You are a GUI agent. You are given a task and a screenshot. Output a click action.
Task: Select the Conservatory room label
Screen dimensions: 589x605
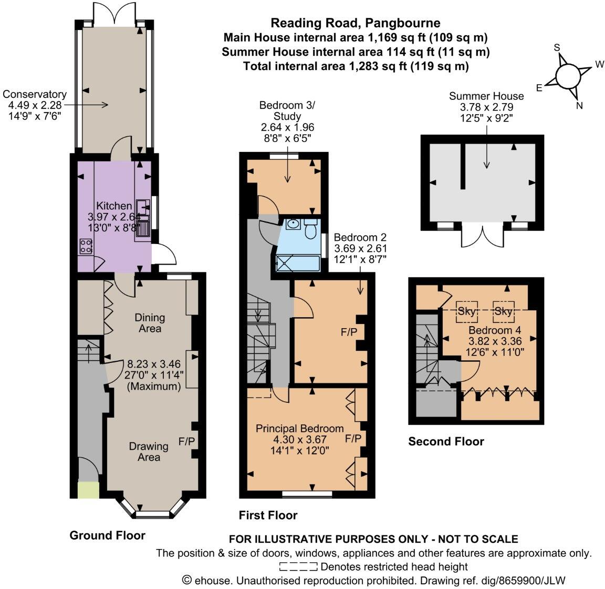point(35,95)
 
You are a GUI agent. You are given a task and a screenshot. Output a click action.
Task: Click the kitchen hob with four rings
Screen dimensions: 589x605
point(86,246)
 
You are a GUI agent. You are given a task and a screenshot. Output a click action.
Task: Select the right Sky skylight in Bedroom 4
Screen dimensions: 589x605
point(503,312)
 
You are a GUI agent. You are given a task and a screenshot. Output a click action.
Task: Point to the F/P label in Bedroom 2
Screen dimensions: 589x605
point(348,333)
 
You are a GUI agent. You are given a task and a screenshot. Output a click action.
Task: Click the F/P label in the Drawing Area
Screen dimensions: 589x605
point(187,441)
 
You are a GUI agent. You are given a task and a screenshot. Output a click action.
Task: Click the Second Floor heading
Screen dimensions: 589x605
point(446,441)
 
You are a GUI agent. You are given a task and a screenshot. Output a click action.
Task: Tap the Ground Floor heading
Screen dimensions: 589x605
point(107,535)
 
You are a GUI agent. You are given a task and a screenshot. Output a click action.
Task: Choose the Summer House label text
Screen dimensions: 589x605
point(486,96)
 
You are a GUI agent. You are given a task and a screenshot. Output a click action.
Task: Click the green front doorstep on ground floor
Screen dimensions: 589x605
point(88,490)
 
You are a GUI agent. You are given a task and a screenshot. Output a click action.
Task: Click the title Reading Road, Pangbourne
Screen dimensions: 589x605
point(355,23)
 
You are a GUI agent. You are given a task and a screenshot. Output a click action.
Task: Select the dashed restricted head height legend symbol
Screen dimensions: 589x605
point(298,567)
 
